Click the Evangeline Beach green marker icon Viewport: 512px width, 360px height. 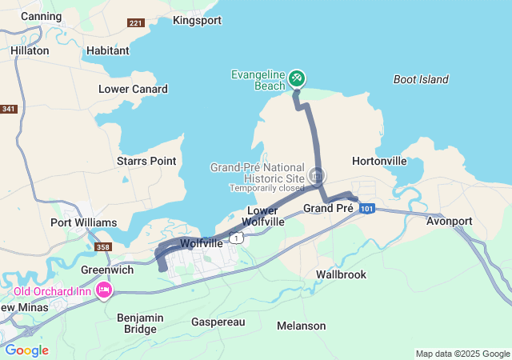pyautogui.click(x=297, y=78)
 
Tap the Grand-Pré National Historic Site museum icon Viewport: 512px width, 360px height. pyautogui.click(x=318, y=175)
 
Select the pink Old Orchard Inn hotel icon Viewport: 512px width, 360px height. pyautogui.click(x=103, y=290)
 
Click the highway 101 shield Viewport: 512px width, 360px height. pyautogui.click(x=366, y=209)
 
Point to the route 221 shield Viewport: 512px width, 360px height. pyautogui.click(x=136, y=22)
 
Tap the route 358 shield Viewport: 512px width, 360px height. pyautogui.click(x=103, y=247)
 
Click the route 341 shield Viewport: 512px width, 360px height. pyautogui.click(x=9, y=109)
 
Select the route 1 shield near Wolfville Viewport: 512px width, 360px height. pyautogui.click(x=236, y=238)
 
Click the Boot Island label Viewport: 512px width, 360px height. pyautogui.click(x=421, y=79)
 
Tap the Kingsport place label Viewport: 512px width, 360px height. pyautogui.click(x=196, y=20)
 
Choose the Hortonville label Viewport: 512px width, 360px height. pyautogui.click(x=379, y=161)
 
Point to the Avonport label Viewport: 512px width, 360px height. pyautogui.click(x=450, y=220)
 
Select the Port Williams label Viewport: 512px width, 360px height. pyautogui.click(x=83, y=222)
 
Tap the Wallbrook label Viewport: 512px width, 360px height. pyautogui.click(x=341, y=274)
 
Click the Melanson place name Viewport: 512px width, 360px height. pyautogui.click(x=301, y=326)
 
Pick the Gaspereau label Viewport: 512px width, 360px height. pyautogui.click(x=218, y=322)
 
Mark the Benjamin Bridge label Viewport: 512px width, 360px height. pyautogui.click(x=140, y=323)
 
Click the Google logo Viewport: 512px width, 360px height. pyautogui.click(x=26, y=350)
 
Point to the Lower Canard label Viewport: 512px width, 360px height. pyautogui.click(x=133, y=89)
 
